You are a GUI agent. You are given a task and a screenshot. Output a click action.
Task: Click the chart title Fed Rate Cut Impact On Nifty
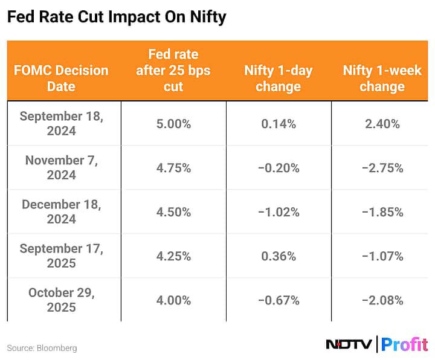tap(116, 18)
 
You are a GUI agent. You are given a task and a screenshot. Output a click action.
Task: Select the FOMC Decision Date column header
tap(61, 78)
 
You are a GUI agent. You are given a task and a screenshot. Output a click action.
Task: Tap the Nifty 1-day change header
tap(279, 78)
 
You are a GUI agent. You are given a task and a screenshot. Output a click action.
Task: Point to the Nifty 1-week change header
tap(382, 78)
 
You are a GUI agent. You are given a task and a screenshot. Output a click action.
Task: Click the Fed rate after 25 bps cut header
tap(173, 71)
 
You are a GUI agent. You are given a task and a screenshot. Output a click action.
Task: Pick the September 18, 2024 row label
tap(61, 124)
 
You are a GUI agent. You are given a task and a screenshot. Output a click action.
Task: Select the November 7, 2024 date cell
tap(61, 167)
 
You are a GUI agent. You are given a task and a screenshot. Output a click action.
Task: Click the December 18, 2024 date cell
tap(61, 211)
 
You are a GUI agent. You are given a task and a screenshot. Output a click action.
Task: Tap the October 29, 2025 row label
tap(61, 300)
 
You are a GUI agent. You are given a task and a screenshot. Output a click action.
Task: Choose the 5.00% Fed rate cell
tap(173, 124)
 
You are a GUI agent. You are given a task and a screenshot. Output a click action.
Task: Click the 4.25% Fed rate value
tap(173, 256)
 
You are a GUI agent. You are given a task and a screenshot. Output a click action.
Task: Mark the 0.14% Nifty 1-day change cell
tap(279, 124)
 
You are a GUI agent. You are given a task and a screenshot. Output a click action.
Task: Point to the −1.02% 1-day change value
tap(279, 212)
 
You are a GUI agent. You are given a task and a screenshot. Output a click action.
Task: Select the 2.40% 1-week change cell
tap(382, 124)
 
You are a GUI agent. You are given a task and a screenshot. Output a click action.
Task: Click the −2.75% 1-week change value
tap(382, 168)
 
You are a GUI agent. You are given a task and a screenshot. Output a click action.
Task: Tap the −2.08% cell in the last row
tap(382, 301)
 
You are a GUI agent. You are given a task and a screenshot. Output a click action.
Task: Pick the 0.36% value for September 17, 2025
tap(279, 256)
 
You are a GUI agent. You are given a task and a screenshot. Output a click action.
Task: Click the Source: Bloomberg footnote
tap(42, 348)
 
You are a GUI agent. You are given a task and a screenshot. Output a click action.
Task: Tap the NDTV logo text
tap(349, 344)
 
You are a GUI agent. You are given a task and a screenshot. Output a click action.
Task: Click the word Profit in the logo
tap(405, 344)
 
